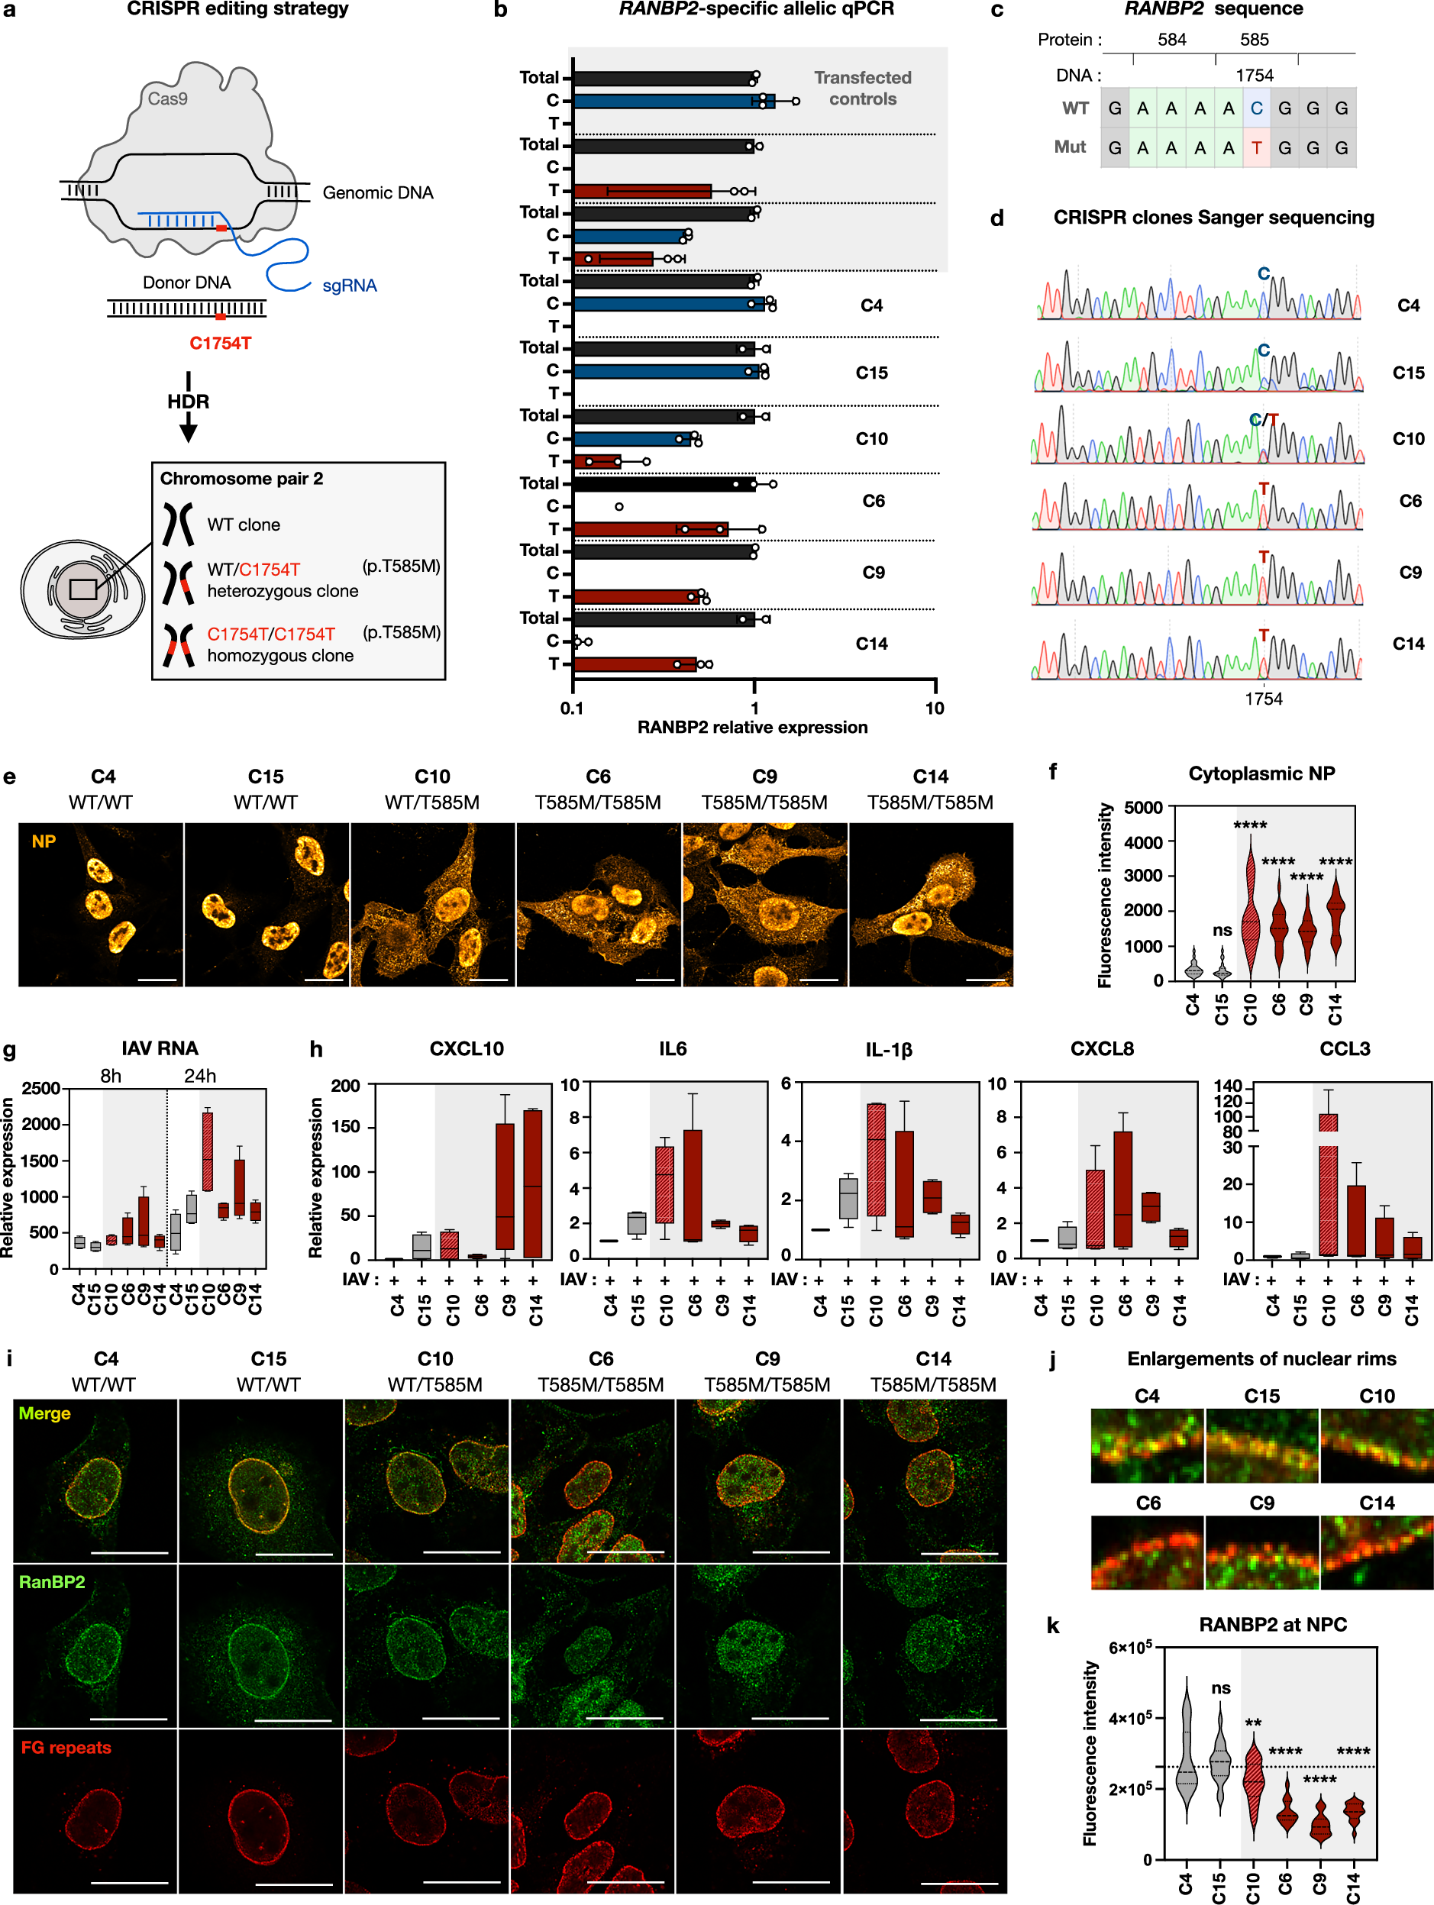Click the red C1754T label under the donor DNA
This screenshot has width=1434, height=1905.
(x=221, y=343)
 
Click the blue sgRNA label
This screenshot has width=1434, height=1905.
(x=349, y=285)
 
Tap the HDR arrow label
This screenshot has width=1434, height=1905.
(x=188, y=402)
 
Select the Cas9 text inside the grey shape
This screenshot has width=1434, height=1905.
(x=167, y=98)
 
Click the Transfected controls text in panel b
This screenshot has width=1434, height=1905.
(x=862, y=88)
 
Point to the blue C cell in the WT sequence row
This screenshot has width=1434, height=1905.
(x=1256, y=108)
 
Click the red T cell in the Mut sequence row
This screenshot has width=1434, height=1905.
(x=1256, y=147)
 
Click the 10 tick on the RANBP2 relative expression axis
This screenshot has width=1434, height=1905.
(x=935, y=708)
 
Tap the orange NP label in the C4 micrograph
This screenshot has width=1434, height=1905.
(x=44, y=841)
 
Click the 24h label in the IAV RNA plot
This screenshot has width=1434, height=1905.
(x=200, y=1076)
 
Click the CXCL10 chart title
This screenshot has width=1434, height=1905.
(x=466, y=1048)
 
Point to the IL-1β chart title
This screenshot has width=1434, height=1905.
(x=888, y=1049)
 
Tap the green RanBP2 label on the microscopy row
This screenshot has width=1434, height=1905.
(x=52, y=1581)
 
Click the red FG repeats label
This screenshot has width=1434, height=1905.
(x=66, y=1746)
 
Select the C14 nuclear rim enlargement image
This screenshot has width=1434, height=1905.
(x=1375, y=1552)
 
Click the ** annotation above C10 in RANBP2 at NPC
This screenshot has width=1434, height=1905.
(x=1253, y=1723)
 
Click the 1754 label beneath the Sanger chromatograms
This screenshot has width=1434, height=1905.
(x=1263, y=699)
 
